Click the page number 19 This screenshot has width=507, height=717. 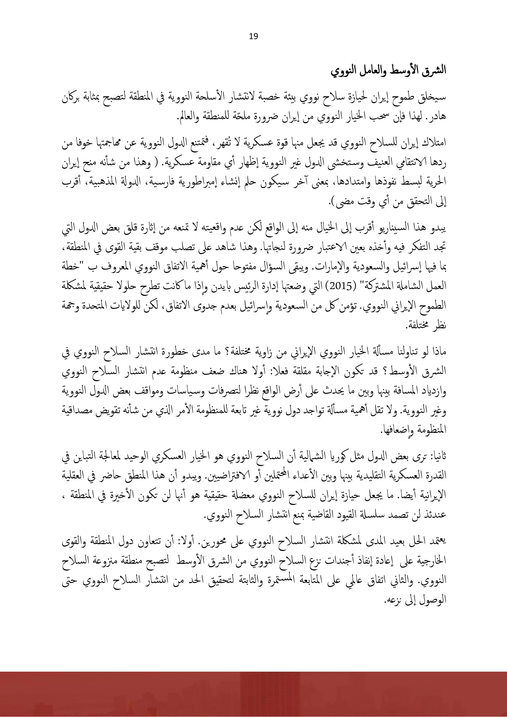[x=253, y=36]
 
